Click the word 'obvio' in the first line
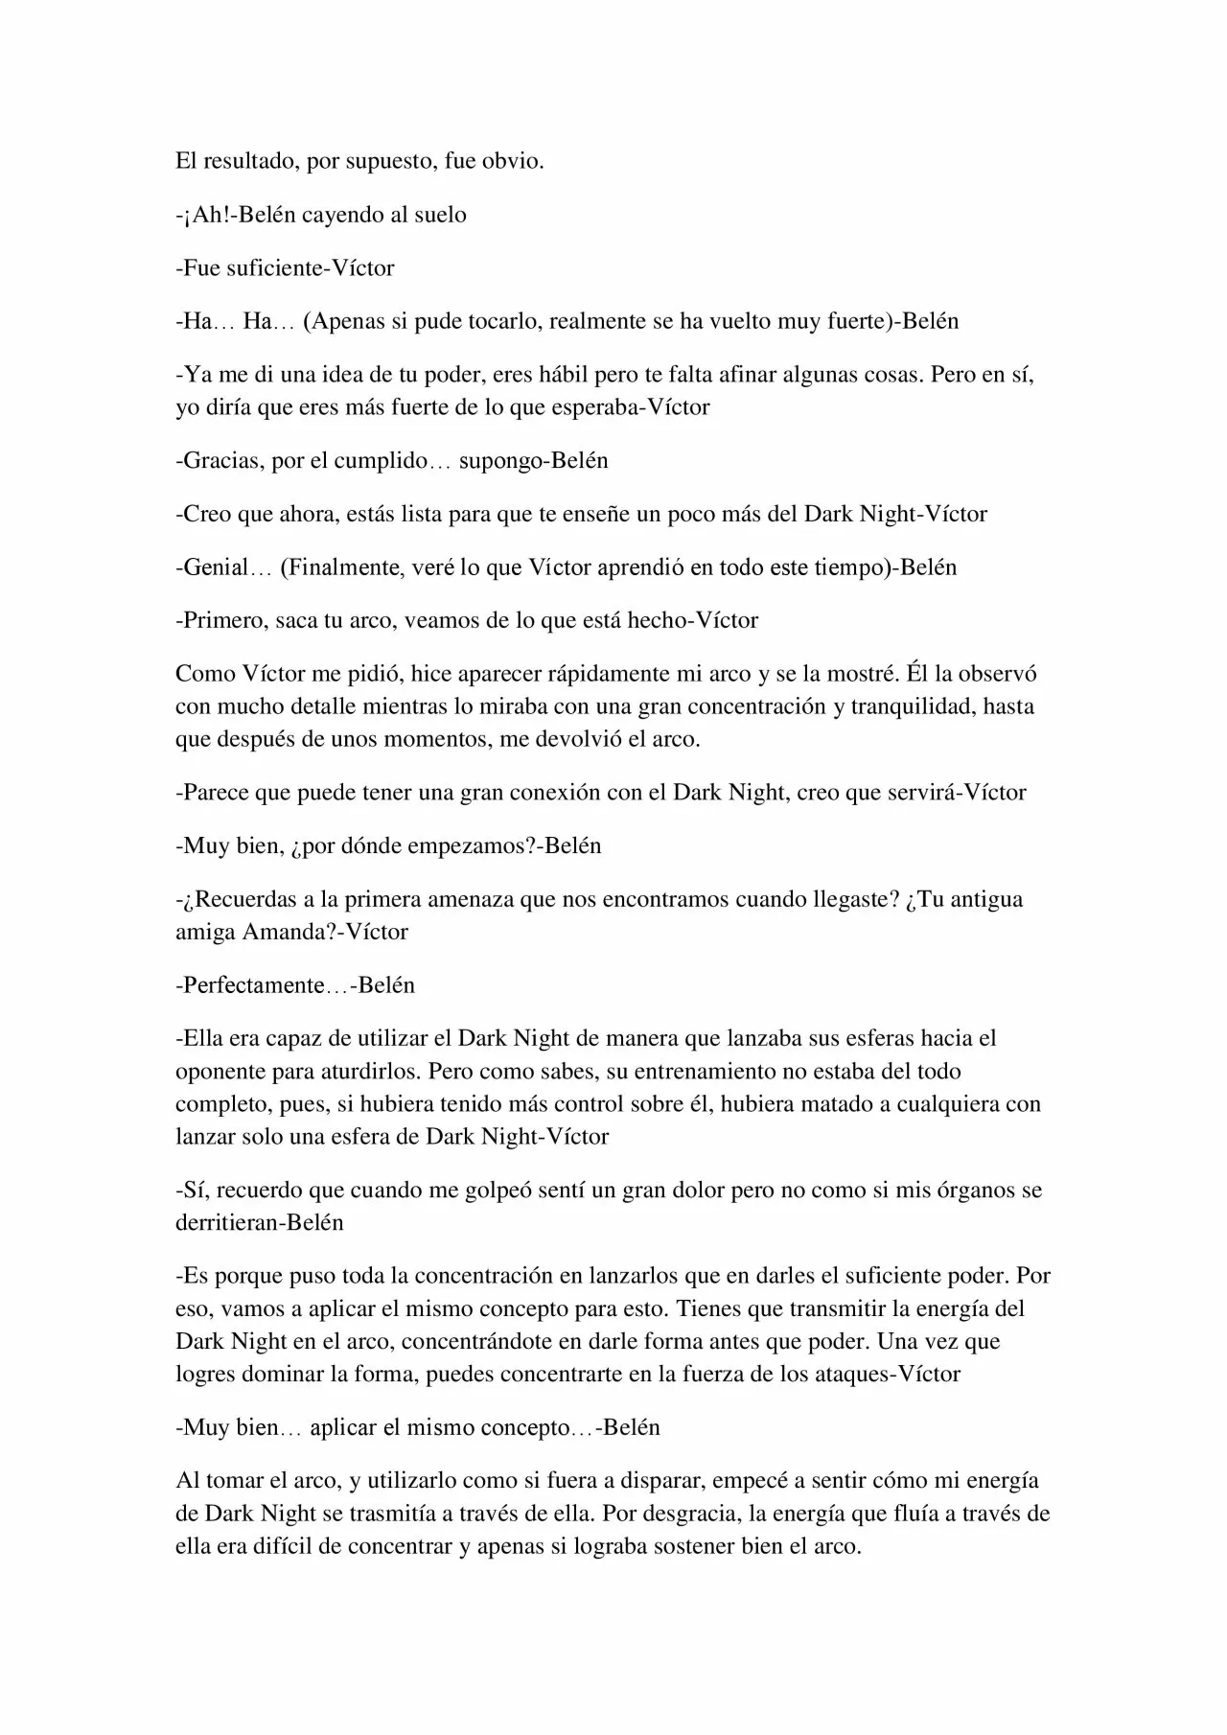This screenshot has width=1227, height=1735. click(518, 162)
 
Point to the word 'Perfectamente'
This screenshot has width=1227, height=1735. click(254, 986)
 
